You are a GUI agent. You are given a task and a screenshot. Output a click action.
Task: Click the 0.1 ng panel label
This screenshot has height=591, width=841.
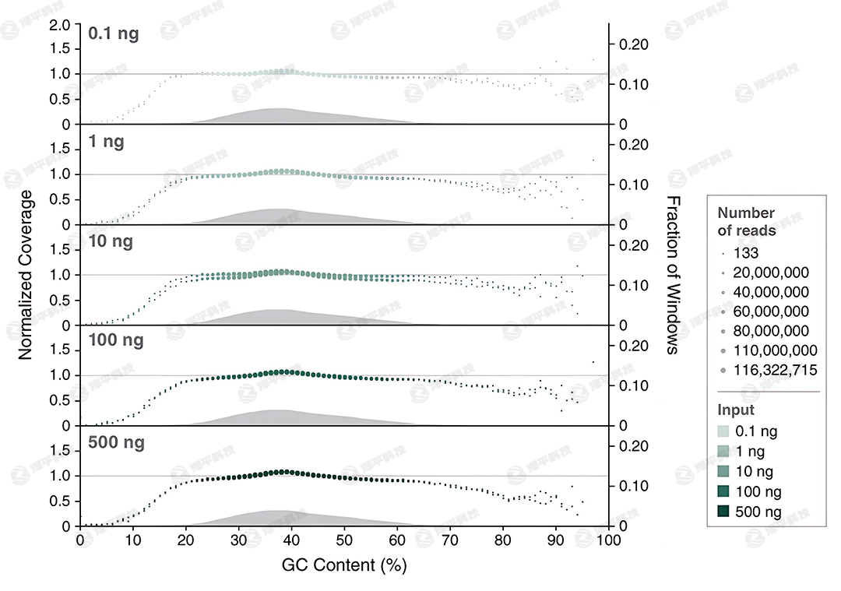114,34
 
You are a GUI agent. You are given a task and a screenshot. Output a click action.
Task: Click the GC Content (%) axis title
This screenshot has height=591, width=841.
344,565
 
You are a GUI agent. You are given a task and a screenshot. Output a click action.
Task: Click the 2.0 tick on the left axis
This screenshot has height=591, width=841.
59,26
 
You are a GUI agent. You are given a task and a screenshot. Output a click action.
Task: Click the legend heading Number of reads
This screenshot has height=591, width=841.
746,221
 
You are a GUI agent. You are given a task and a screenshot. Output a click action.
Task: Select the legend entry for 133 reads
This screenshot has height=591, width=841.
746,252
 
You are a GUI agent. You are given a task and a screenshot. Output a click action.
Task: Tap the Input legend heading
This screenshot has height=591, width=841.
734,410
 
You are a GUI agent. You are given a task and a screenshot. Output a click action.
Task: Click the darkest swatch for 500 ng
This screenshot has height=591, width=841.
724,512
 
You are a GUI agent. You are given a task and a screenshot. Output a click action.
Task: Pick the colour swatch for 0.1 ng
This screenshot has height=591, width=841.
724,431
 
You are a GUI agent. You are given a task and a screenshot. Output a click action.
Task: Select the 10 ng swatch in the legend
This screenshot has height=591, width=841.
724,471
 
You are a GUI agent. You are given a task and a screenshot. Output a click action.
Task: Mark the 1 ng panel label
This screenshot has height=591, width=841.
107,142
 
